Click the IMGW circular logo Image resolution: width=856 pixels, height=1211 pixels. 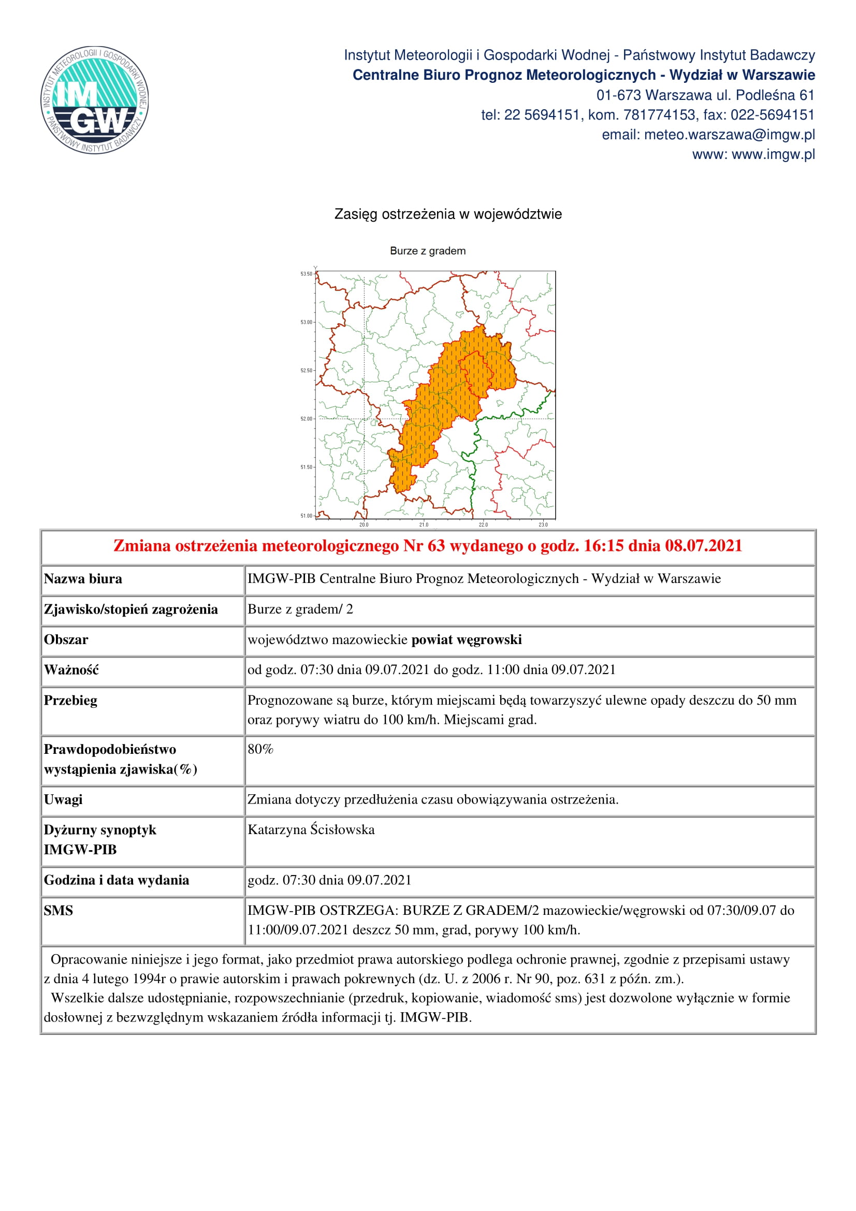coord(95,100)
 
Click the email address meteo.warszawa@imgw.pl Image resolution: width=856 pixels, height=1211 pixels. coord(729,135)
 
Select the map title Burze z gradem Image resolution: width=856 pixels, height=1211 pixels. coord(428,251)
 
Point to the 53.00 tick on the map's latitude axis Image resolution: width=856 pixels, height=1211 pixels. coord(307,322)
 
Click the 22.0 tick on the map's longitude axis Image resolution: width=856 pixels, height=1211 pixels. coord(483,525)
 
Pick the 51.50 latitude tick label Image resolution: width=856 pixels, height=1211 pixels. coord(307,468)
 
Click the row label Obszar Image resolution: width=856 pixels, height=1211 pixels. coord(66,640)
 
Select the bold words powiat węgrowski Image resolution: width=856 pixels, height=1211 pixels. coord(466,640)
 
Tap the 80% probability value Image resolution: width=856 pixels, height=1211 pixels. coord(260,750)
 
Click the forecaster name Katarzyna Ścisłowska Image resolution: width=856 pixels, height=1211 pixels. coord(311,829)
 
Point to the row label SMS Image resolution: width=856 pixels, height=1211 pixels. coord(59,910)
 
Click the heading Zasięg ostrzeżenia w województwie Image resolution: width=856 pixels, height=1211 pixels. coord(448,214)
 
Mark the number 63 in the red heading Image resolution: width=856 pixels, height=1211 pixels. coord(436,546)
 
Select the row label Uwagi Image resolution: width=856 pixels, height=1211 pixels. coord(63,799)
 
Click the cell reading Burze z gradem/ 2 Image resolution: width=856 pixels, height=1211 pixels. coord(300,609)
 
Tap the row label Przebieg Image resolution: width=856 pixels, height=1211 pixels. coord(70,701)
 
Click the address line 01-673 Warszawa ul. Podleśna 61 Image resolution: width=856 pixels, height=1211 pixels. coord(705,95)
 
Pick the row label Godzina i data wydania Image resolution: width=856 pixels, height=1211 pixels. coord(117,880)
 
